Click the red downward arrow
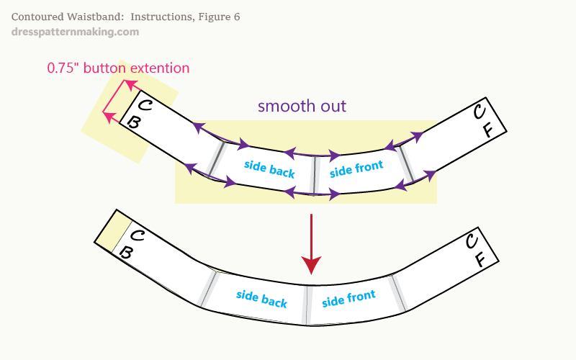point(311,245)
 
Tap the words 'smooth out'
point(302,107)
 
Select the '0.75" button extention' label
point(118,68)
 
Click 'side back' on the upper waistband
point(269,168)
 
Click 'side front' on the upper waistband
point(356,168)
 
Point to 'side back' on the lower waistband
point(261,298)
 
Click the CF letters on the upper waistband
point(482,121)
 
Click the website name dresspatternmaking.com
point(76,32)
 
